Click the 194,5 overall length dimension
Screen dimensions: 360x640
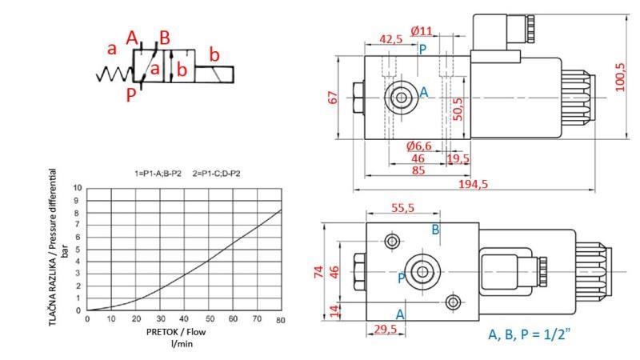[x=474, y=184]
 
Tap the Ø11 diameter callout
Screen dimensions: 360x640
[x=421, y=31]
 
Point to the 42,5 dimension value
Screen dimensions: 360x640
[x=391, y=38]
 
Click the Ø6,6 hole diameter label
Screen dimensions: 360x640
[x=418, y=146]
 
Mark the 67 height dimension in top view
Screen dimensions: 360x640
[x=333, y=98]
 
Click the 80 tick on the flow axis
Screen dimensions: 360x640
[x=281, y=320]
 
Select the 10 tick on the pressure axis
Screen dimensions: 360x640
[x=78, y=188]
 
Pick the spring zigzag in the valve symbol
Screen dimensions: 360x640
[x=112, y=75]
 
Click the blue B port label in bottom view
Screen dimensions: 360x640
[x=436, y=230]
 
